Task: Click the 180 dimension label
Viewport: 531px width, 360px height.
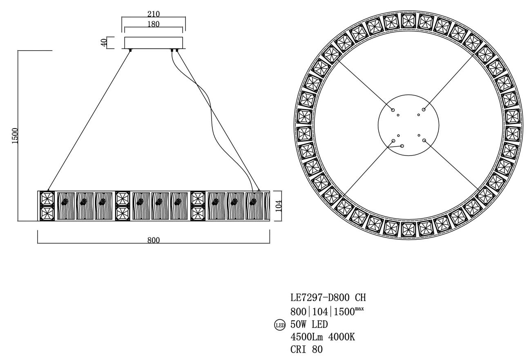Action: pos(153,24)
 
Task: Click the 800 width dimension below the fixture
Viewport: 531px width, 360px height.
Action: pos(153,240)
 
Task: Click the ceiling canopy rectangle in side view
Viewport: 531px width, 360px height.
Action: pos(153,42)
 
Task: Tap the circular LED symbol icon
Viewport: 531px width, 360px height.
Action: pos(279,325)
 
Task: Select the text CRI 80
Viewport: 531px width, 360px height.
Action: pos(306,349)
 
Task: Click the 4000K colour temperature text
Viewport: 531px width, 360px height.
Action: pos(343,337)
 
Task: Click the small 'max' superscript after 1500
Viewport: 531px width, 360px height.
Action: pos(359,309)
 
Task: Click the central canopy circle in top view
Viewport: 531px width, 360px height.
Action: pos(408,125)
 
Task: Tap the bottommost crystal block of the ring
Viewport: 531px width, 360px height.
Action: pos(408,229)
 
